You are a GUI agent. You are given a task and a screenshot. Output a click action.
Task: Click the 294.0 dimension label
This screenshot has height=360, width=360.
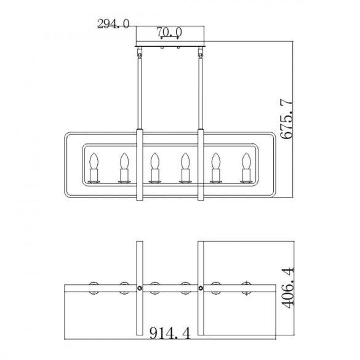point(113,23)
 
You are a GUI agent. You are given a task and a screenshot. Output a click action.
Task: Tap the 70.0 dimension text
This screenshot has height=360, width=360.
point(169,31)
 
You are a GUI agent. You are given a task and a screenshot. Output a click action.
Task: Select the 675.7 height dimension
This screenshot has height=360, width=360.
point(287,119)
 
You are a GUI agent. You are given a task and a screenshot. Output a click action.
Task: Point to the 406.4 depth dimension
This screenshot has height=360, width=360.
point(287,287)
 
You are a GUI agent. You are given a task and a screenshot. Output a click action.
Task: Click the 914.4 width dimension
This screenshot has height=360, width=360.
point(170,333)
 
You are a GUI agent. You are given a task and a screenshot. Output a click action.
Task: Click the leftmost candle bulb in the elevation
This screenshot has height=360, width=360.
point(94,161)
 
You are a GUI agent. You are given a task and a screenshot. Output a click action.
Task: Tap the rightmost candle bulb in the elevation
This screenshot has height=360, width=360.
point(246,161)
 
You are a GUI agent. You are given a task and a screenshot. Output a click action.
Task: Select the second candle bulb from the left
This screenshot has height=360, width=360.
point(124,161)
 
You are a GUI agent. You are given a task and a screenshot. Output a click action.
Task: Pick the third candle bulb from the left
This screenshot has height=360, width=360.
point(154,161)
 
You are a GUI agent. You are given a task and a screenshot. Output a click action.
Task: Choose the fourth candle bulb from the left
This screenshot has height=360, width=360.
point(185,161)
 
